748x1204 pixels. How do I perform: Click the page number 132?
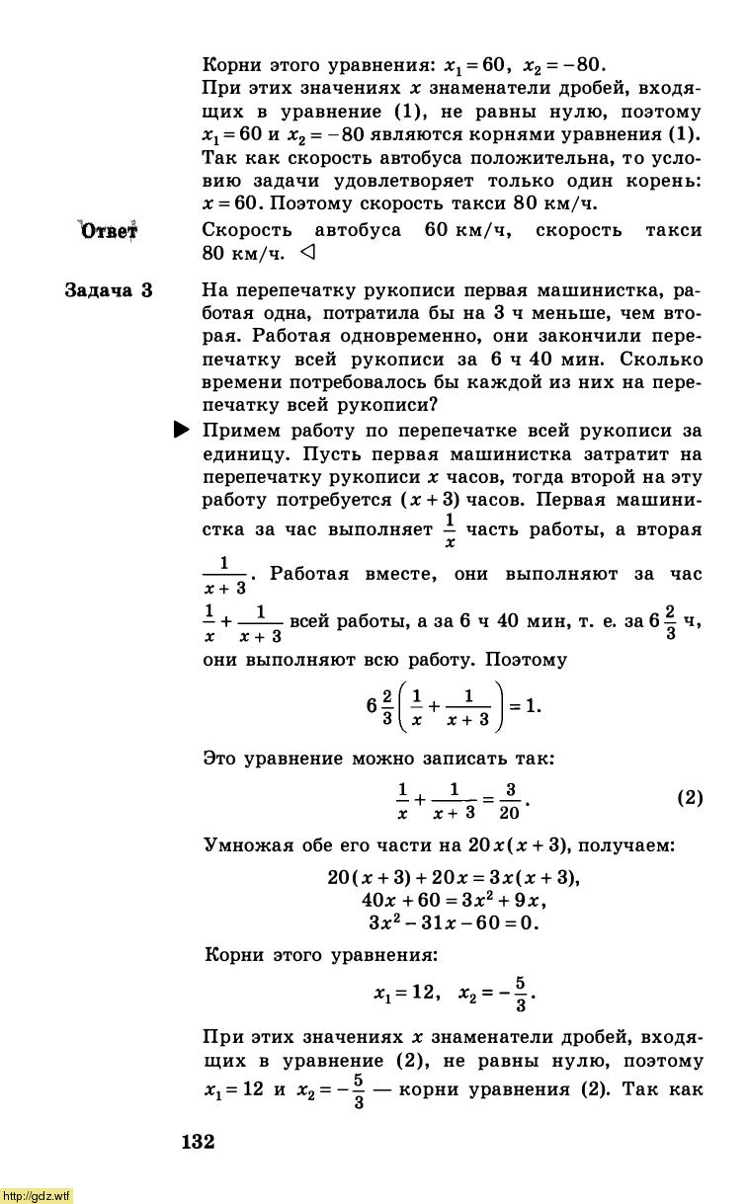(198, 1142)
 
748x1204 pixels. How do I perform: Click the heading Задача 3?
(109, 290)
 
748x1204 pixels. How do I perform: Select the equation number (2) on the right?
(690, 797)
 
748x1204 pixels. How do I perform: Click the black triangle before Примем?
(182, 430)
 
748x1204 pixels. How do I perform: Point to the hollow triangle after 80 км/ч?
(306, 253)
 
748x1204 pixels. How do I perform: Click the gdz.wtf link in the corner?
(37, 1195)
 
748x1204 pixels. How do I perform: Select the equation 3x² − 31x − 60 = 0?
(453, 923)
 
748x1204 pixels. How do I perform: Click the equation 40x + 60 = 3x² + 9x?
(454, 900)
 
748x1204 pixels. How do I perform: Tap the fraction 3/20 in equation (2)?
(509, 801)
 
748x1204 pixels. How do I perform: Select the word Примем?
(241, 431)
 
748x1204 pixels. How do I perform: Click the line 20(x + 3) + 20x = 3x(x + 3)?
(453, 877)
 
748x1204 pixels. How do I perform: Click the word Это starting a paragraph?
(221, 759)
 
